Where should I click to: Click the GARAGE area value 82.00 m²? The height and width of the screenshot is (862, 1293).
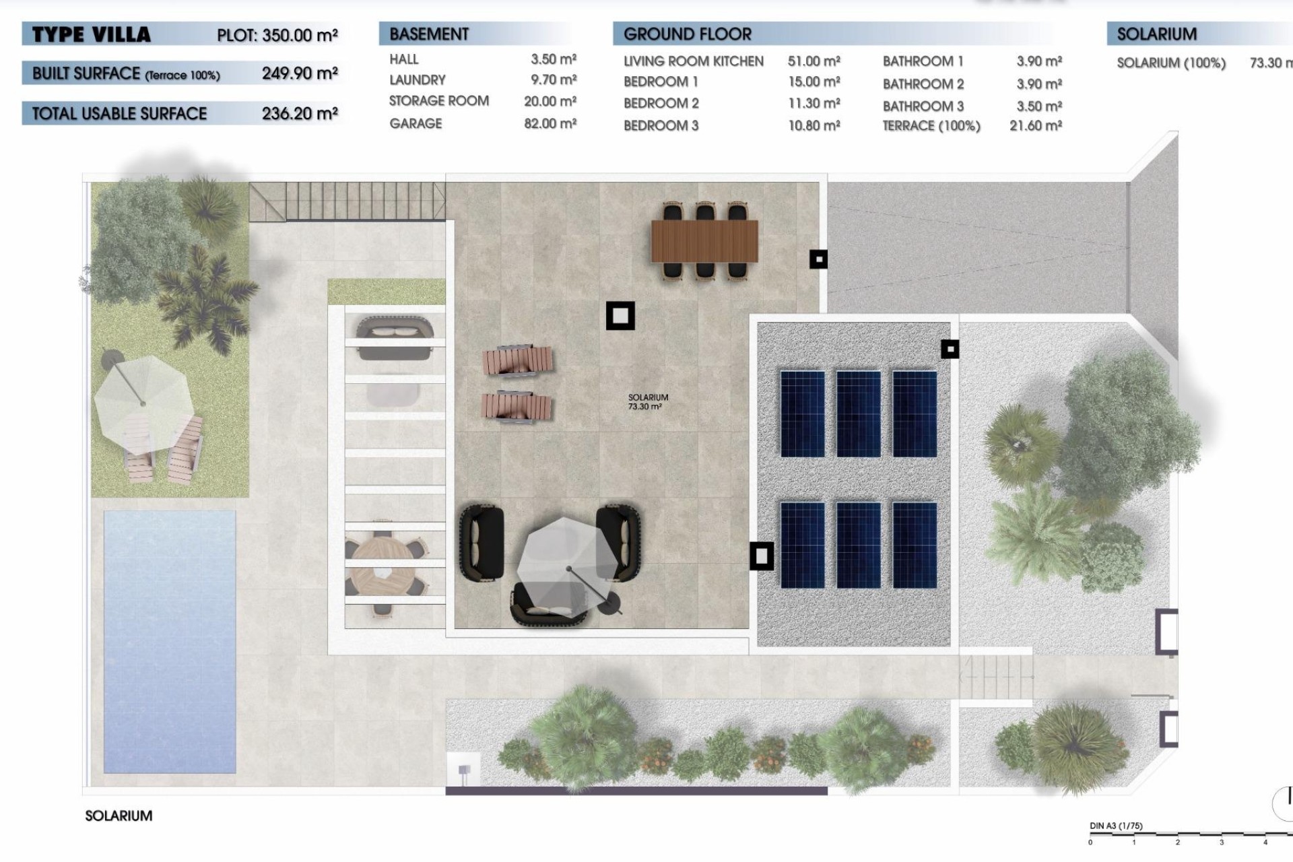click(x=550, y=124)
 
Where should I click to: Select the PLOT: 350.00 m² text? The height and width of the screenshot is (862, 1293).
click(x=277, y=35)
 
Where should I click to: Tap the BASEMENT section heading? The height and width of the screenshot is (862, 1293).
click(x=429, y=34)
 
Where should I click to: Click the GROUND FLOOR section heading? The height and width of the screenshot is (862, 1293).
click(x=687, y=34)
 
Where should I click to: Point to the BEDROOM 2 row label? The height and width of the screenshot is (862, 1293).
click(x=661, y=104)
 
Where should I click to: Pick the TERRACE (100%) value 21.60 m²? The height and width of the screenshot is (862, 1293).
click(x=1035, y=126)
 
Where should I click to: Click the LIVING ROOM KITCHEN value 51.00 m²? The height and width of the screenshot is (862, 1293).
click(x=814, y=62)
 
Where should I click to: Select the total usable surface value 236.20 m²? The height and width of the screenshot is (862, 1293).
click(x=300, y=114)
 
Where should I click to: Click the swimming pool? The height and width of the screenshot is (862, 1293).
click(x=170, y=640)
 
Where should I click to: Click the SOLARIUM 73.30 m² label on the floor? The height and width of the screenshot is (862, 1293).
click(x=647, y=402)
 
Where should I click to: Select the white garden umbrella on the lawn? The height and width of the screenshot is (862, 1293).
click(x=143, y=403)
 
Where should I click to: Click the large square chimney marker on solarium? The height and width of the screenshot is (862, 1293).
click(x=620, y=315)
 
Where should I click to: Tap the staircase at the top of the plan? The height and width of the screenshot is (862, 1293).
click(x=347, y=201)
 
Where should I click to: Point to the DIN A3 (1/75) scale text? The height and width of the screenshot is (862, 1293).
click(x=1116, y=826)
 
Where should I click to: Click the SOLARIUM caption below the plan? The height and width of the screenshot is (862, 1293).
click(x=119, y=816)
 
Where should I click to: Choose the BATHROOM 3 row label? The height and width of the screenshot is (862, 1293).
click(x=923, y=106)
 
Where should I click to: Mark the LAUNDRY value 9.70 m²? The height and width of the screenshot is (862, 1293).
click(x=553, y=80)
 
